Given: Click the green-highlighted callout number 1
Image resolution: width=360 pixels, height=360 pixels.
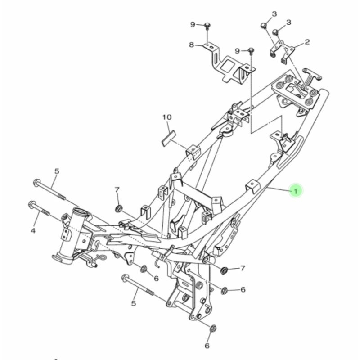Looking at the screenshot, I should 295,192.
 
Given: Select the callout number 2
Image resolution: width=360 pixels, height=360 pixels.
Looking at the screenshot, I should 307,42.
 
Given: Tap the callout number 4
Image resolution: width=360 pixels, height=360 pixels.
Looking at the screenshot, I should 32,231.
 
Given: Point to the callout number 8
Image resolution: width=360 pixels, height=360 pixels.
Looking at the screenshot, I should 191,45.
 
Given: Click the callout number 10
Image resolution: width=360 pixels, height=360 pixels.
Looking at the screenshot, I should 167,117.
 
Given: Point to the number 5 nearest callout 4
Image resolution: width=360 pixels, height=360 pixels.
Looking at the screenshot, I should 57,171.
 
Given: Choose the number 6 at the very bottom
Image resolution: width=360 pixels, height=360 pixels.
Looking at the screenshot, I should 207,346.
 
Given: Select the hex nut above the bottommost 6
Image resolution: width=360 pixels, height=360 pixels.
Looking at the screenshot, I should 213,328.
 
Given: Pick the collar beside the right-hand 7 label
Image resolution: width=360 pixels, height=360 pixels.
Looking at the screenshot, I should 224,270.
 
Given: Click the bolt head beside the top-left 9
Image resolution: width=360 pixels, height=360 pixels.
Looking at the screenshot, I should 207,24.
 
